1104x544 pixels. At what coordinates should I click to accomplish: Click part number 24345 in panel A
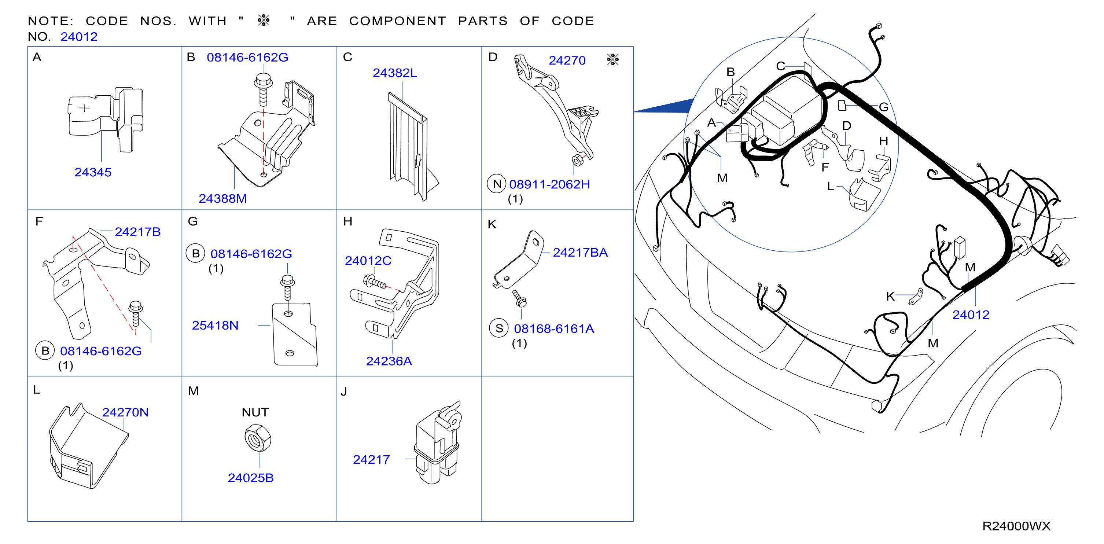pos(93,172)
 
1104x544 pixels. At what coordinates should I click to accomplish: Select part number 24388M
pos(222,198)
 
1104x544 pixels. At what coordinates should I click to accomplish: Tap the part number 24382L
pos(395,73)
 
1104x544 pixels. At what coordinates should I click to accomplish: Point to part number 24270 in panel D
pos(567,60)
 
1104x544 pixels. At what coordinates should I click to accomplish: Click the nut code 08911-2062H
pos(549,184)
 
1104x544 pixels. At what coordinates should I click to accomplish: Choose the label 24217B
pos(137,232)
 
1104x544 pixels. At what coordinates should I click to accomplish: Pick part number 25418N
pos(215,326)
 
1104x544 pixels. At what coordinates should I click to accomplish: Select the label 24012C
pos(368,261)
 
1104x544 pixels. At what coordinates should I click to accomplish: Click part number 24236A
pos(389,361)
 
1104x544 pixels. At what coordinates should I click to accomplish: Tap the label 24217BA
pos(580,253)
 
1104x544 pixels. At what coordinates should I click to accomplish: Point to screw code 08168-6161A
pos(554,329)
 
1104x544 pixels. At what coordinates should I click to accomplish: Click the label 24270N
pos(125,412)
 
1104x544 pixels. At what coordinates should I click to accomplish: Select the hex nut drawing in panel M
pos(258,438)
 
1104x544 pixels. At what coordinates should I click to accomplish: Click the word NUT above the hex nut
pos(255,412)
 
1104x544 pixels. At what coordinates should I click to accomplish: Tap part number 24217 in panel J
pos(371,460)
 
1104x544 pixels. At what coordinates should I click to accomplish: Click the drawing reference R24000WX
pos(1016,526)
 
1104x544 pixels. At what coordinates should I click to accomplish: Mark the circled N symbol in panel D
pos(497,184)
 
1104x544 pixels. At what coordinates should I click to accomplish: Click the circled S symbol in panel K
pos(499,328)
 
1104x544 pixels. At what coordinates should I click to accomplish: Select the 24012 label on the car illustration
pos(971,315)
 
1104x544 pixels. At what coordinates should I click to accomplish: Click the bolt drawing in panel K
pos(519,298)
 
